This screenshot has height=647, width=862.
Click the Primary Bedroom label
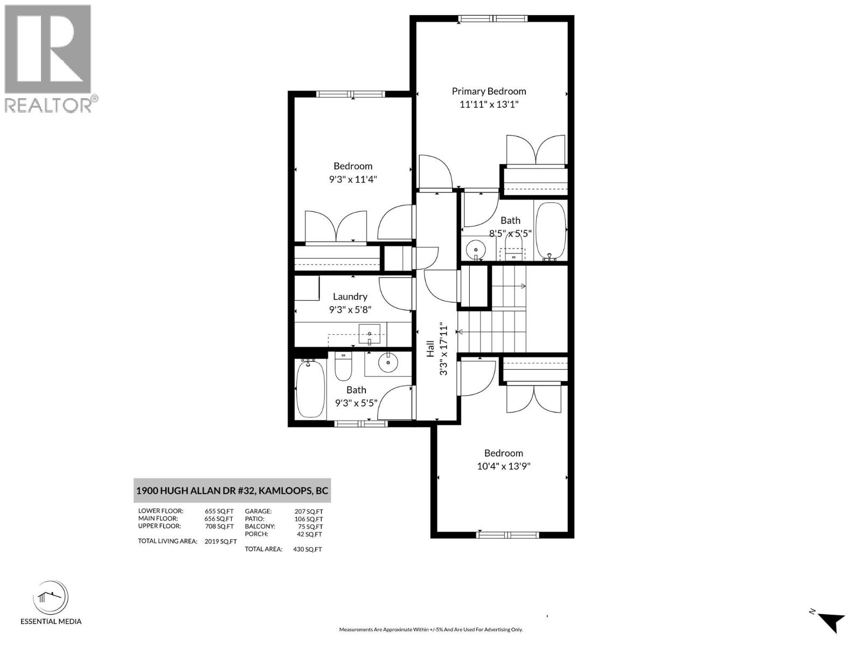(x=489, y=91)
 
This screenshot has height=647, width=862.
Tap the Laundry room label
(x=350, y=297)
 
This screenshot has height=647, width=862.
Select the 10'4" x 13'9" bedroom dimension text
(x=504, y=466)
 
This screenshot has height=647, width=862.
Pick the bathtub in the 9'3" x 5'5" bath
(x=311, y=388)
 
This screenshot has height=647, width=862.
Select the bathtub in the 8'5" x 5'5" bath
(x=551, y=232)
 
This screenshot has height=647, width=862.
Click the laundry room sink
(x=370, y=334)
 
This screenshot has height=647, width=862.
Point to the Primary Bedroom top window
(x=493, y=19)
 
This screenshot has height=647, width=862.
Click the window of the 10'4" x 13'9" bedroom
(x=508, y=535)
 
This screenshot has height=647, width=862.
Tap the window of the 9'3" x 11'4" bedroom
(x=351, y=94)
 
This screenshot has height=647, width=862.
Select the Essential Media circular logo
(x=51, y=598)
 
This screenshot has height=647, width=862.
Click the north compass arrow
(x=832, y=621)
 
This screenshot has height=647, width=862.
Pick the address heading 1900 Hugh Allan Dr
(x=232, y=491)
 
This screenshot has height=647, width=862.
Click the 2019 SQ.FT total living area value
(x=220, y=541)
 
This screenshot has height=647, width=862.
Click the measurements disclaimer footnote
(x=430, y=629)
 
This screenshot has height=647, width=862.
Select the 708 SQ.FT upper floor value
(x=219, y=526)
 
